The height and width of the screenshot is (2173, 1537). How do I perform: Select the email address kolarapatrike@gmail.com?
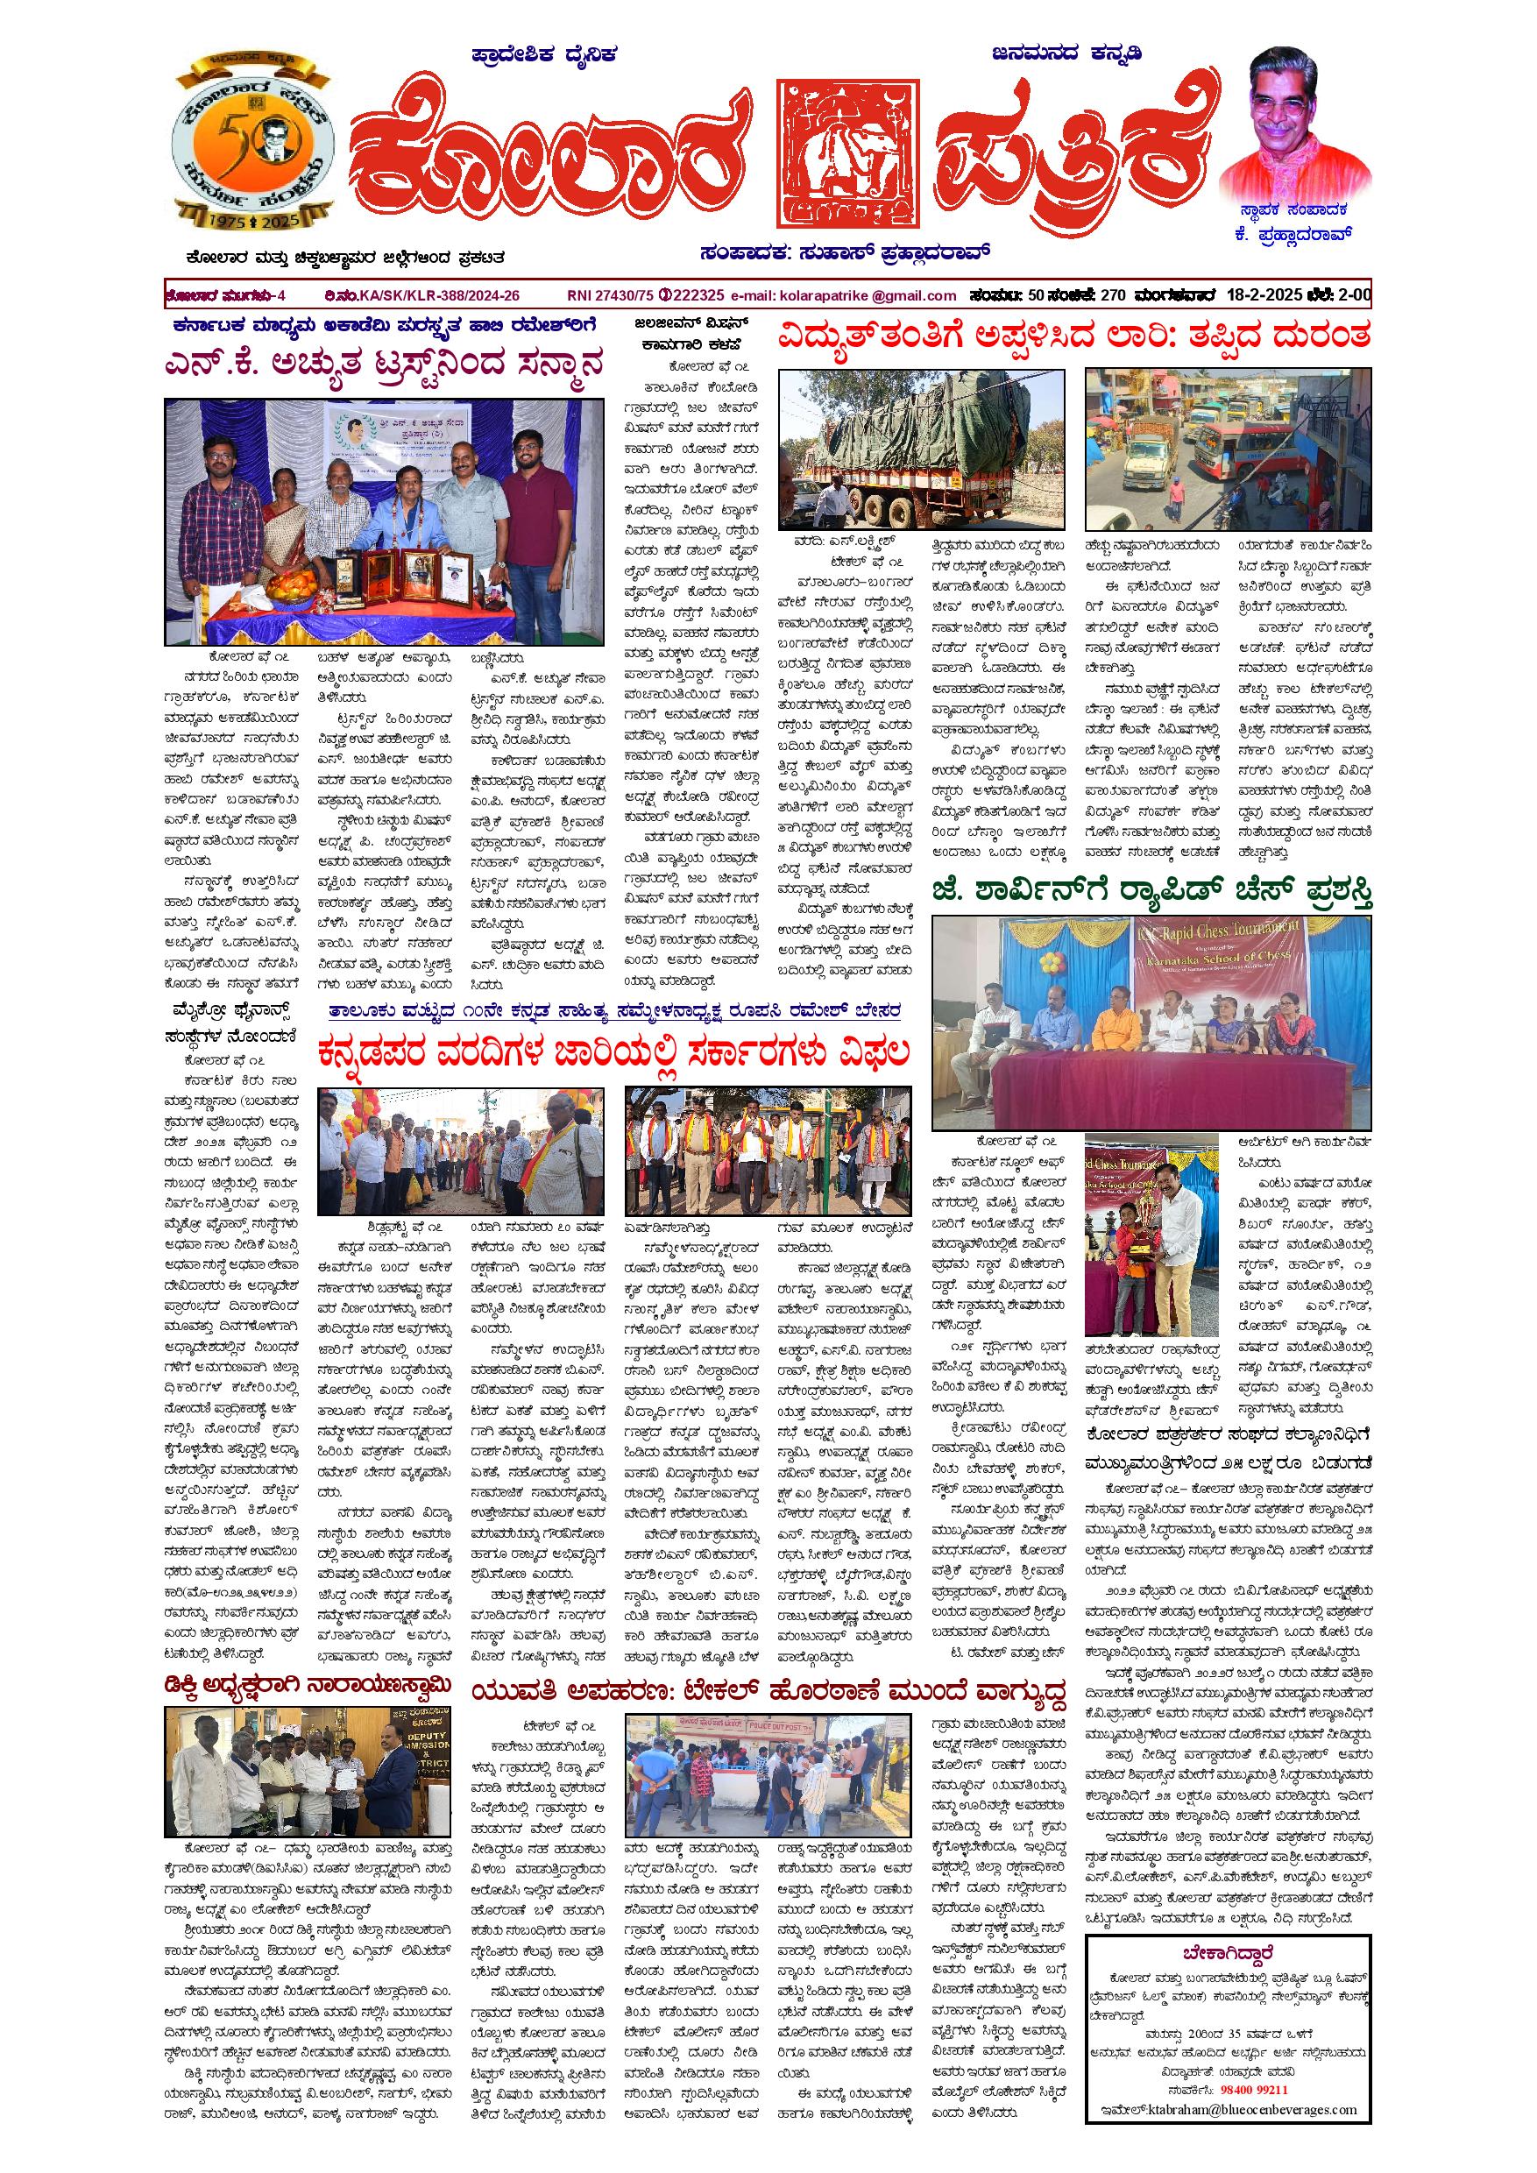[x=868, y=295]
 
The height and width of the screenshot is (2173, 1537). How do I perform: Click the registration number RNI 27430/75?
[x=606, y=295]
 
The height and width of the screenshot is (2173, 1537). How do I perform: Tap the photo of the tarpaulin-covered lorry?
[x=921, y=449]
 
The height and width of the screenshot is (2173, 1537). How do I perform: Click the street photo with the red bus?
[x=1228, y=449]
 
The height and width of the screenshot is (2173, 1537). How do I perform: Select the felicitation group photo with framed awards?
[x=383, y=521]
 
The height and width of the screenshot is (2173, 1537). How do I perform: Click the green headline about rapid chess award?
[x=1151, y=893]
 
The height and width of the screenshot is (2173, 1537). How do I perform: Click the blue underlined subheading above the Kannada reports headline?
[x=614, y=1011]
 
